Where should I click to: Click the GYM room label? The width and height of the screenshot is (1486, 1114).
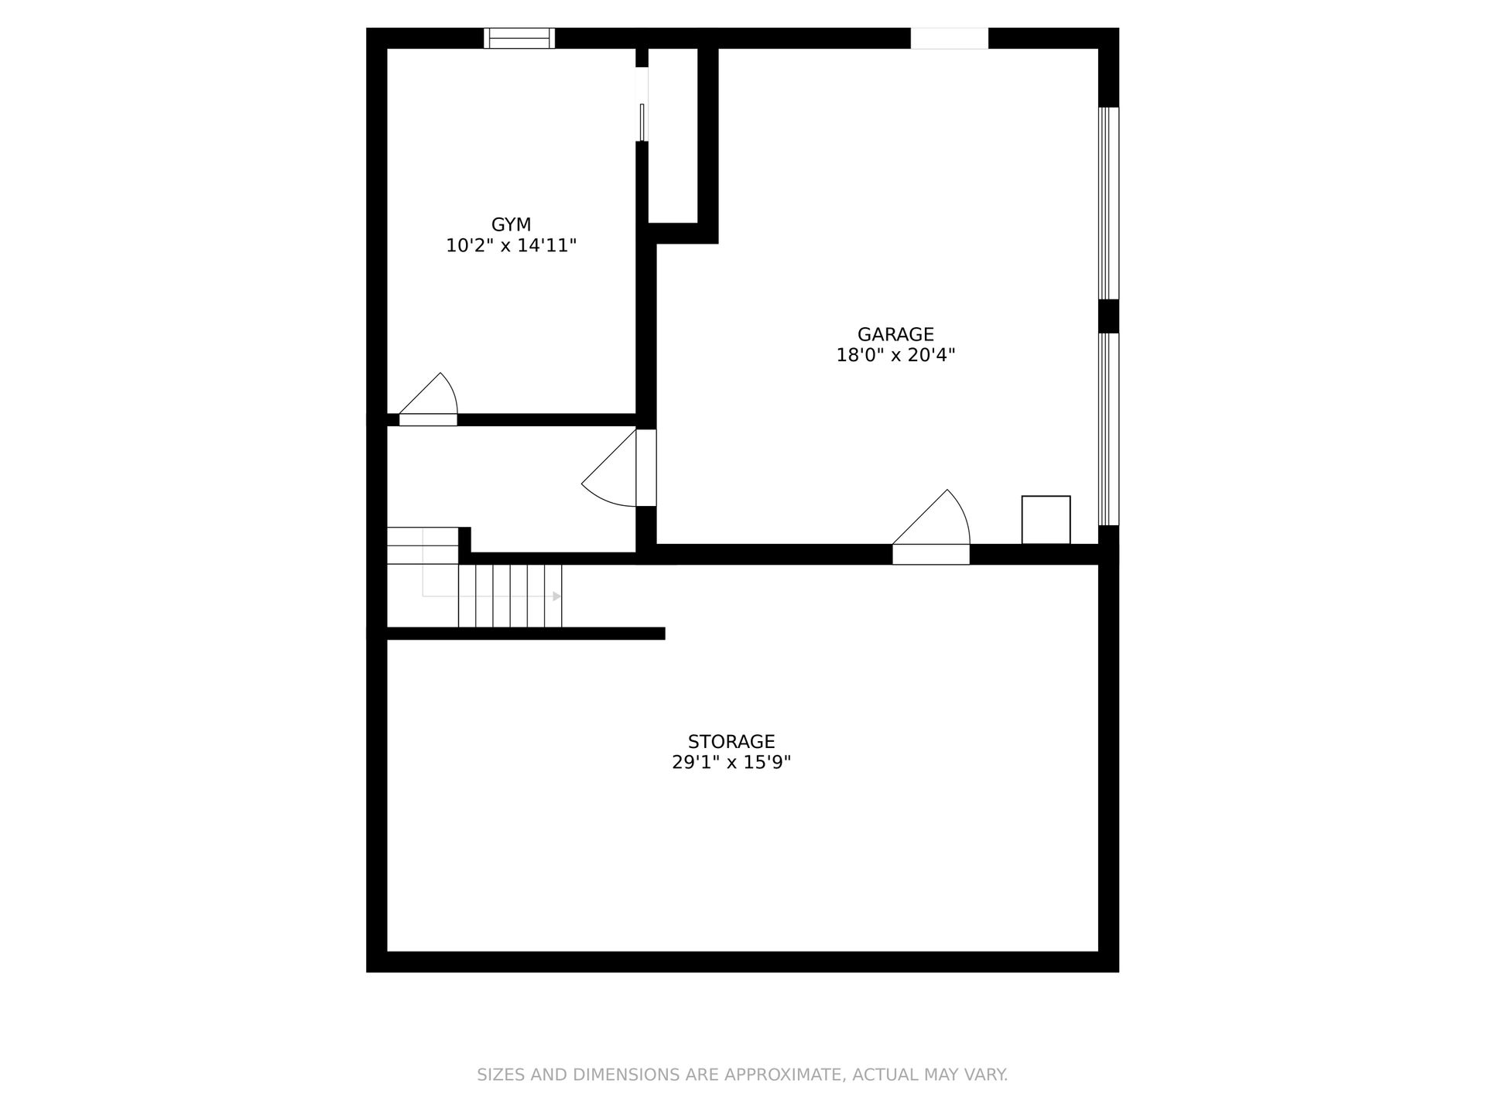(511, 224)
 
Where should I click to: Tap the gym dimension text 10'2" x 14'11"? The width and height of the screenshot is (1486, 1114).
(511, 246)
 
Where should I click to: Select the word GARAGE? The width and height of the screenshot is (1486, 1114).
(895, 334)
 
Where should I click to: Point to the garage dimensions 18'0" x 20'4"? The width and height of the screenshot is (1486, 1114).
(895, 355)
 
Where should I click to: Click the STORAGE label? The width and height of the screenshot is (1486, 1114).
(731, 742)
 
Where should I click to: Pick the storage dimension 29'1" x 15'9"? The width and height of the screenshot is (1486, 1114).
(731, 763)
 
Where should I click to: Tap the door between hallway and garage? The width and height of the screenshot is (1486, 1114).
(619, 468)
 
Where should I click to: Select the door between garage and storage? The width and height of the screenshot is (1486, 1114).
(931, 527)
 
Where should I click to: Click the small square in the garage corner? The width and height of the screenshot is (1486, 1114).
(1046, 520)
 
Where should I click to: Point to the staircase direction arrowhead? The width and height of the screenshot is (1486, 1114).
(556, 596)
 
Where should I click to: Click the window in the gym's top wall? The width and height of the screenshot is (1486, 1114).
(519, 38)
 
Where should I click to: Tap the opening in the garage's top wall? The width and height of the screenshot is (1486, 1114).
(950, 38)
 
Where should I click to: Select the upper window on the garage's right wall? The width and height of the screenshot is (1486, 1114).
(1108, 203)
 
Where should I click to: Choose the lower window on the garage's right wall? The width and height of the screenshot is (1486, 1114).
(1108, 429)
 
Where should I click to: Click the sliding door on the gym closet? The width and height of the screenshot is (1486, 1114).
(642, 104)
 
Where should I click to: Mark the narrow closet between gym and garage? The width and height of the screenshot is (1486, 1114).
(673, 135)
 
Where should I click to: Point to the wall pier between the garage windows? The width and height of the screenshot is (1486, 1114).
(1108, 316)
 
